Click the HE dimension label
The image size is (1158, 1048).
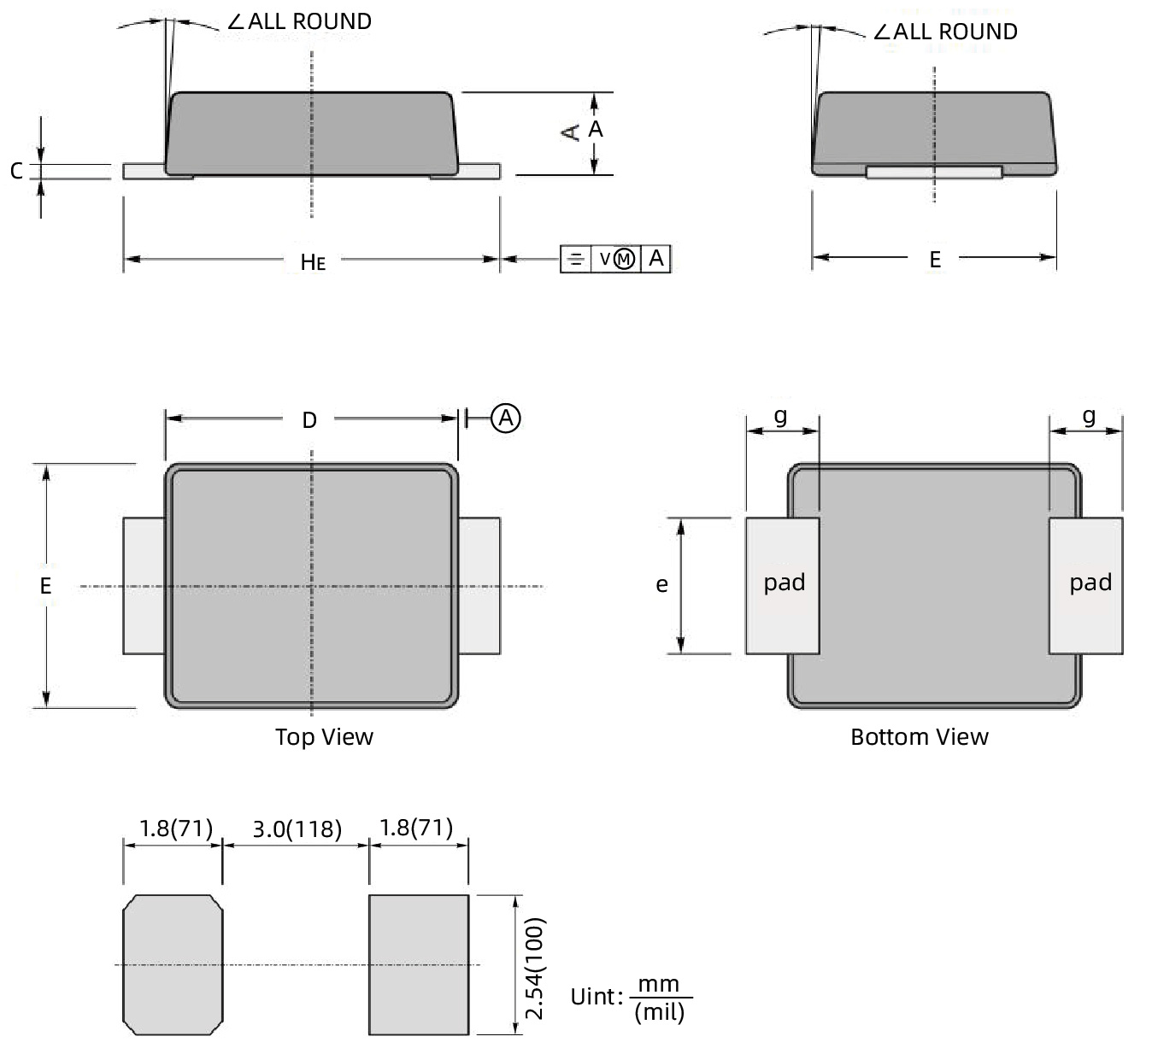(313, 261)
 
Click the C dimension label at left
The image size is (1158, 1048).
(16, 171)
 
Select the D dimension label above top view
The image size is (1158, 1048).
(309, 419)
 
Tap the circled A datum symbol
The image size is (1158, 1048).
(507, 418)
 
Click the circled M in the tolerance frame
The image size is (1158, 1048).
(625, 259)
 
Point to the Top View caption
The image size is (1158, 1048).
(324, 737)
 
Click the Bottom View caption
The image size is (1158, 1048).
(919, 737)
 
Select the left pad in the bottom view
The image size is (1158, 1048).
(782, 585)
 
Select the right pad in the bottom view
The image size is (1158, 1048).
(1086, 585)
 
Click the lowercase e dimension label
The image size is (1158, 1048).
(661, 585)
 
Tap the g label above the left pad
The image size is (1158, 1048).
(780, 416)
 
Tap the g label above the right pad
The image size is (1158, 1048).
(1088, 416)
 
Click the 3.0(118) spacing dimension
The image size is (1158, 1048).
(297, 828)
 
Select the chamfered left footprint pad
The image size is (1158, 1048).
(173, 964)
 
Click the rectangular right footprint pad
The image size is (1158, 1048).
(419, 964)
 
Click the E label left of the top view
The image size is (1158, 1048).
(45, 586)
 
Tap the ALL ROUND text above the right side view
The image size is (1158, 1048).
(955, 32)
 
